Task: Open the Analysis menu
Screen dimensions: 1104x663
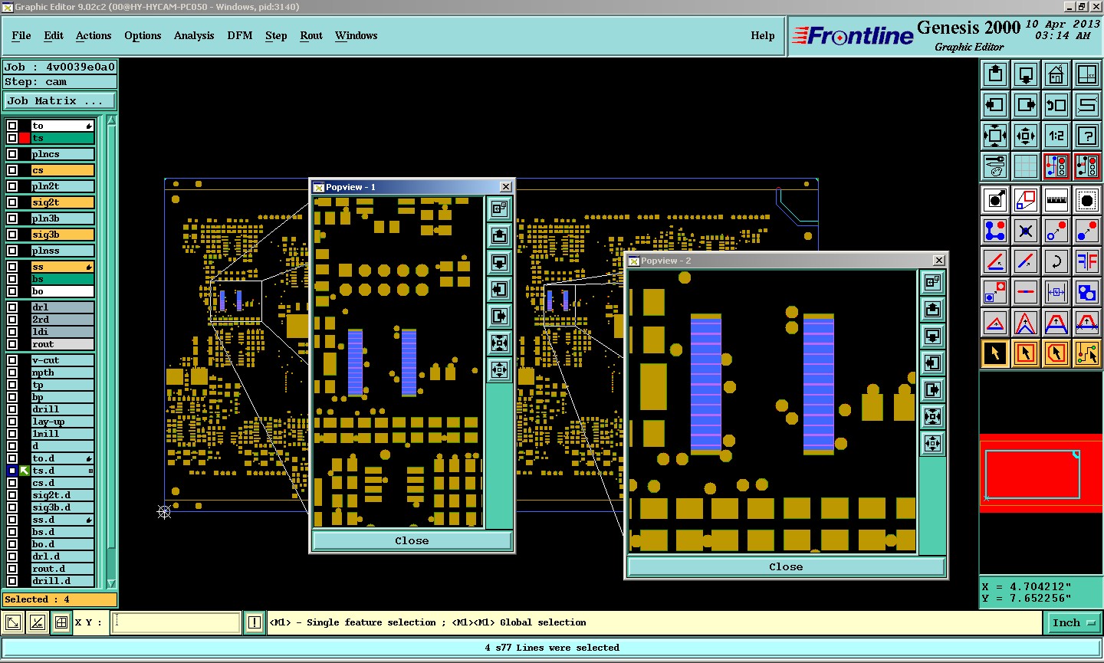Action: tap(194, 35)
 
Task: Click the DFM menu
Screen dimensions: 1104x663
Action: tap(239, 35)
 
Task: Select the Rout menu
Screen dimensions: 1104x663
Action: tap(311, 35)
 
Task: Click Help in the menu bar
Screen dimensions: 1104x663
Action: tap(762, 35)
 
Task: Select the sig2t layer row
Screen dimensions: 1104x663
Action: tap(62, 202)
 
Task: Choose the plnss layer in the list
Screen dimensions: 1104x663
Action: tap(62, 250)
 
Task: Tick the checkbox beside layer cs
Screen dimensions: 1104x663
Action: tap(12, 170)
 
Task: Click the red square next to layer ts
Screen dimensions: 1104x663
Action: tap(25, 138)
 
